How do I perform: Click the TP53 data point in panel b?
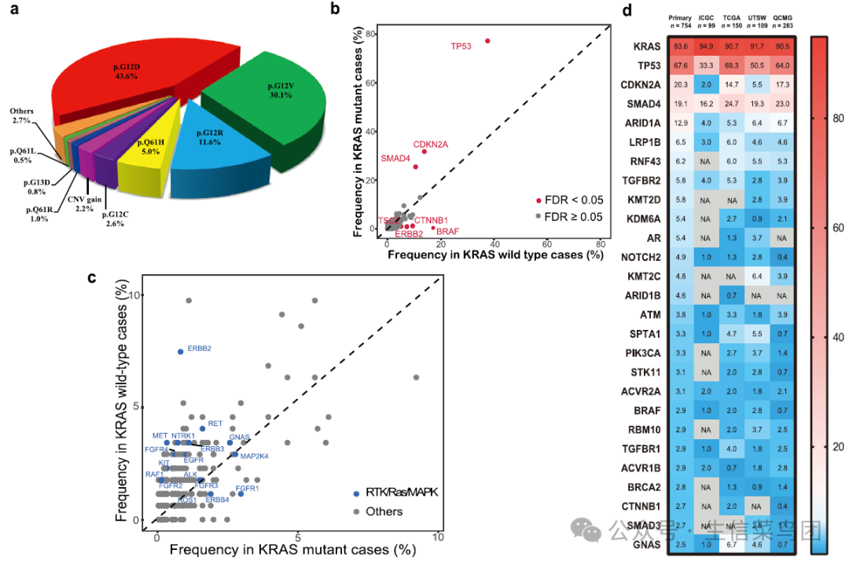pyautogui.click(x=487, y=41)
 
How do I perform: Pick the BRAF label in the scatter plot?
pyautogui.click(x=448, y=232)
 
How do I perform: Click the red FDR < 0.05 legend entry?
pyautogui.click(x=568, y=200)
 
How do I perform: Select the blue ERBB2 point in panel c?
pyautogui.click(x=181, y=352)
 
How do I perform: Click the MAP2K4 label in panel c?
pyautogui.click(x=255, y=456)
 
